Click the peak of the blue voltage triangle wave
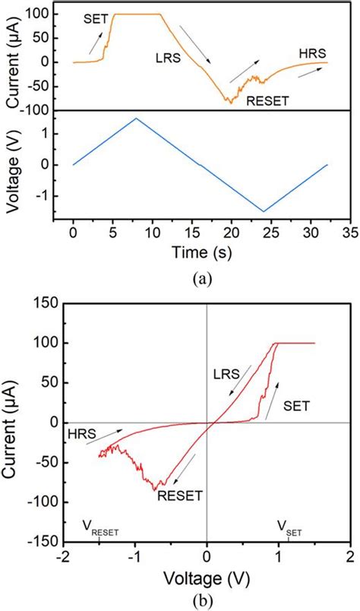[136, 119]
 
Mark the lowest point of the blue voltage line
[264, 211]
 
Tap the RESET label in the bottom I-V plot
[180, 495]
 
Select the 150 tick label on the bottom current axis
[46, 303]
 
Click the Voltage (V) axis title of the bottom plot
[207, 578]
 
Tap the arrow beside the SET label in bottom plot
[274, 389]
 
